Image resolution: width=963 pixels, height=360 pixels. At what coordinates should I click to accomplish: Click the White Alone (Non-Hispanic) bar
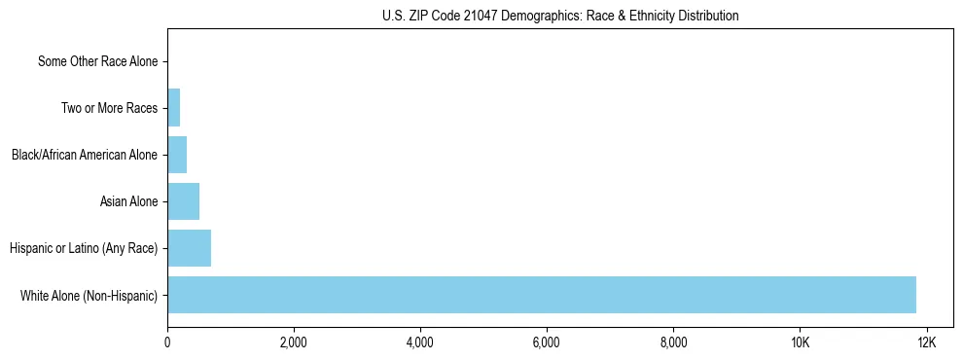point(541,295)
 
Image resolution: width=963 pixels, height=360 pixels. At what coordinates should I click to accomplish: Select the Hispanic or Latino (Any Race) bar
point(189,248)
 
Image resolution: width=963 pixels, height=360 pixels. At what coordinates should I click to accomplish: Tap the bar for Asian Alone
point(183,201)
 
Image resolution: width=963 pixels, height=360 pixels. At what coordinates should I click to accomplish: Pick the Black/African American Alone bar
point(177,155)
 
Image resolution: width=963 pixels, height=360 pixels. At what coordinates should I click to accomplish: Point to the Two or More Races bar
point(174,108)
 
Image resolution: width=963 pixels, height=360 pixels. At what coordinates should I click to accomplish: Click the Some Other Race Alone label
point(97,61)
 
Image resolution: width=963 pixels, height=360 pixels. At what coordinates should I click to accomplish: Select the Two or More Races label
point(109,108)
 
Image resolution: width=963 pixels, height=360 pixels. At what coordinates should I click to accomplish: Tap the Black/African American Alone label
point(85,155)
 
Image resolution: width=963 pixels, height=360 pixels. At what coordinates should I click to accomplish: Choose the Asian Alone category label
point(128,201)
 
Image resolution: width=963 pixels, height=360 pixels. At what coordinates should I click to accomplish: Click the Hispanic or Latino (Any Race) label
point(84,248)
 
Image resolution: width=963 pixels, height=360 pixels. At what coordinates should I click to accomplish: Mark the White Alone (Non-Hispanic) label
point(89,295)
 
